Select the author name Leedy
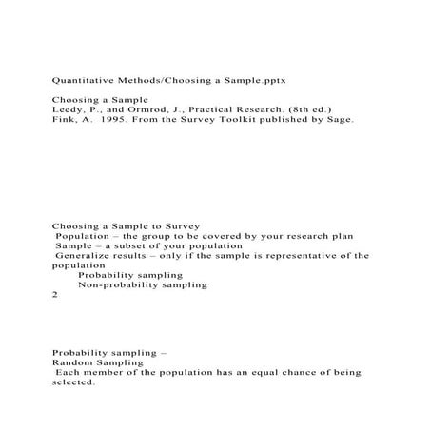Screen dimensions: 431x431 (x=68, y=111)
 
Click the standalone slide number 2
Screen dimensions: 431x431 (x=55, y=295)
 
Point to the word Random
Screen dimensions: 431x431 (x=71, y=362)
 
